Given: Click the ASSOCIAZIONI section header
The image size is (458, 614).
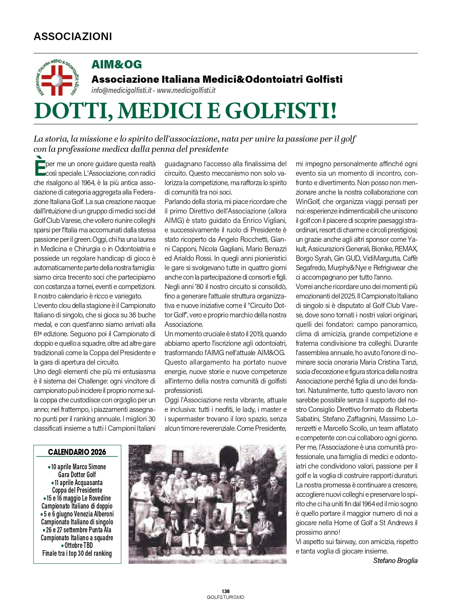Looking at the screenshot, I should [x=73, y=36].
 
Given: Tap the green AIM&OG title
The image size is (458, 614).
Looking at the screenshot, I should [x=116, y=65].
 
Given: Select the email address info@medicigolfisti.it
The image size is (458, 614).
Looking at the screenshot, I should [x=121, y=90].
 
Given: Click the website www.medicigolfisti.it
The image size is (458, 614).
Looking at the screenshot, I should [x=186, y=90].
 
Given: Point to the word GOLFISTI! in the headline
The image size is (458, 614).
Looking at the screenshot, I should [x=281, y=111].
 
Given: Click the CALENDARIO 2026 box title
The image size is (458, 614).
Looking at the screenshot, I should [x=77, y=452].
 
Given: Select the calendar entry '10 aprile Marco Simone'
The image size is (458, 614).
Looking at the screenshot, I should [x=78, y=467].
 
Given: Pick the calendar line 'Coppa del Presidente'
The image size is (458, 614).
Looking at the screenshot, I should [x=77, y=490].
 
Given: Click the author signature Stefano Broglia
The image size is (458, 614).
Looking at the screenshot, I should [x=395, y=560].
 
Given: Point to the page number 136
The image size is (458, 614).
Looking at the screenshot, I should [x=225, y=591].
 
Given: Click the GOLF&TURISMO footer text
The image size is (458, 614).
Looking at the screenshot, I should [x=225, y=597].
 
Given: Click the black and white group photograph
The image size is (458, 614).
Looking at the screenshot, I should [x=207, y=504].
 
